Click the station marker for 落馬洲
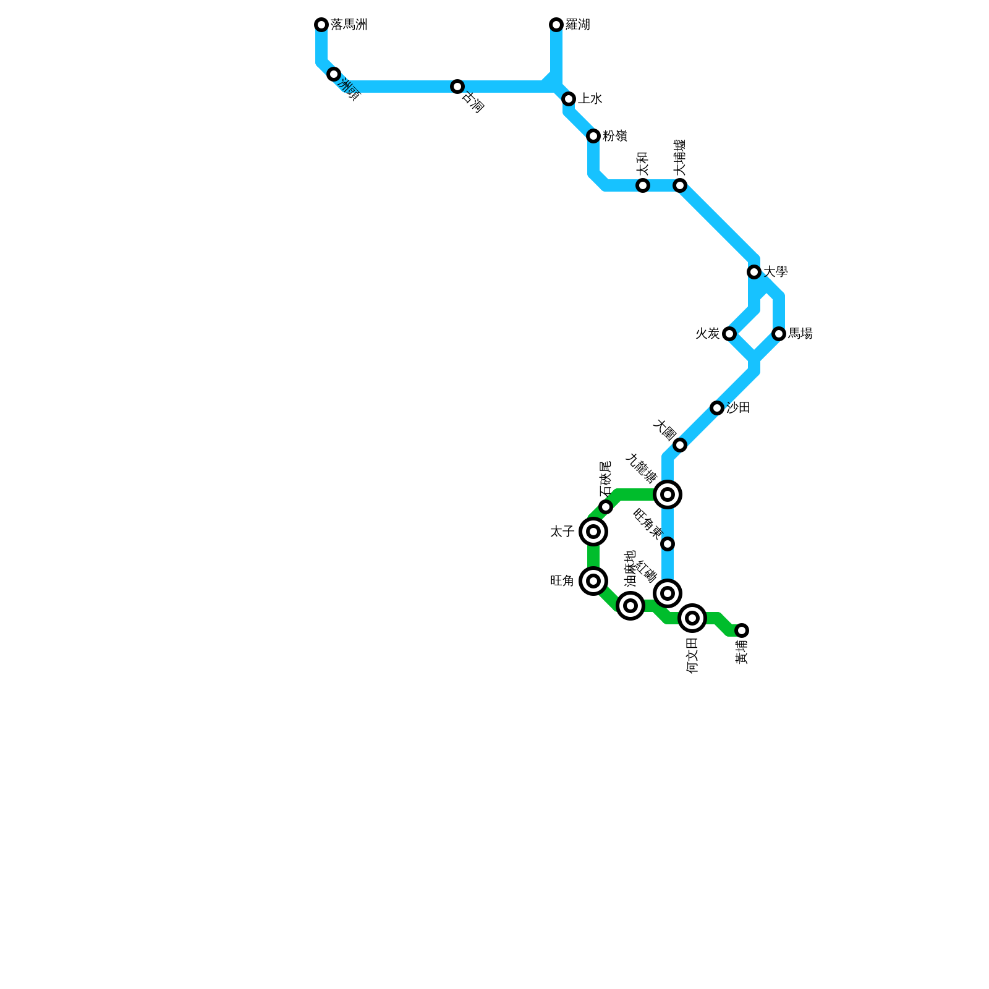tap(321, 25)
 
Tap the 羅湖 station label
tap(578, 25)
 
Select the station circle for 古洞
tap(457, 87)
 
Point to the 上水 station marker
tap(569, 99)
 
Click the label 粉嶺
tap(615, 136)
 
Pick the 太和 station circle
tap(643, 185)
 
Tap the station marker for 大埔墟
tap(680, 185)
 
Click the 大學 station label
tap(775, 272)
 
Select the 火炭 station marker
tap(729, 334)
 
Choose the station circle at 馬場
tap(779, 334)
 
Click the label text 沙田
tap(738, 408)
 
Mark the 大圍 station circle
tap(680, 445)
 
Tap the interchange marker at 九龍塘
tap(668, 494)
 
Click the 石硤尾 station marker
tap(606, 507)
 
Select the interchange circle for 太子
tap(593, 532)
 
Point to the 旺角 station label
tap(562, 581)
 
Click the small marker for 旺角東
tap(668, 544)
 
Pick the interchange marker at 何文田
tap(692, 618)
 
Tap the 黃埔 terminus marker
tap(742, 630)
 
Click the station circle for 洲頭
tap(334, 75)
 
